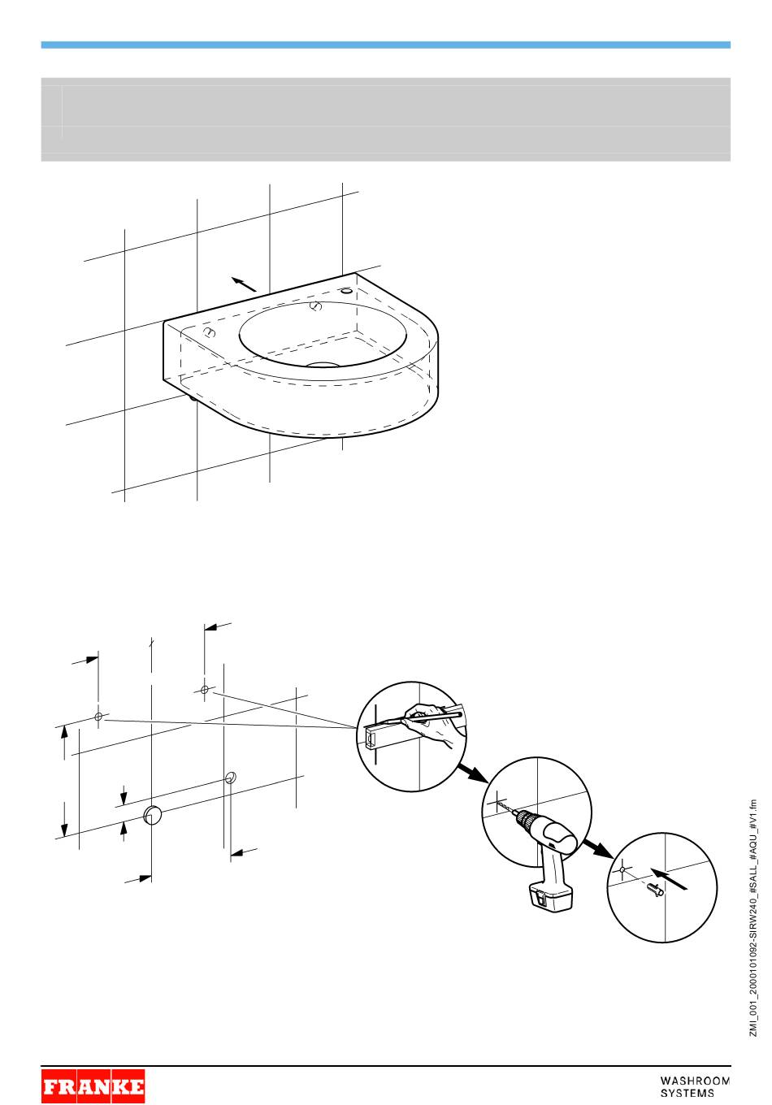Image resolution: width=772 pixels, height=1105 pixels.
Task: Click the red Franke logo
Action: pos(93,1085)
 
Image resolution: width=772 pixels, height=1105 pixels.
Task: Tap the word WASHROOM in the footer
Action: pos(695,1081)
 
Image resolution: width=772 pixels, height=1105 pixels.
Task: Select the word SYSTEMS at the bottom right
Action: pos(687,1093)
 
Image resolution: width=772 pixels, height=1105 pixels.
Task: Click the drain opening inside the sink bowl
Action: pos(323,365)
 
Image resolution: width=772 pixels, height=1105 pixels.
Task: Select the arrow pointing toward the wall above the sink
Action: pos(244,284)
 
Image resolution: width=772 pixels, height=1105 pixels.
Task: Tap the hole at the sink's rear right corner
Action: pos(347,291)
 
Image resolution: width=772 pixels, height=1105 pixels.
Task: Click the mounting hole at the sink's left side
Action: pos(209,332)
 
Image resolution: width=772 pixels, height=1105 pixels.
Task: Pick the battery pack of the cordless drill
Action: pos(551,898)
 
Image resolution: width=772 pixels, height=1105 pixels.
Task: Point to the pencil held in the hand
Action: pos(432,717)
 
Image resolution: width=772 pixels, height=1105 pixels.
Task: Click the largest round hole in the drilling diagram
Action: pos(153,815)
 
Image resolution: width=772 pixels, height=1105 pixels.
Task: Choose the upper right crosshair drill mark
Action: pos(205,689)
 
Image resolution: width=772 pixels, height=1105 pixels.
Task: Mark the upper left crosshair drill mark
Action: pos(98,717)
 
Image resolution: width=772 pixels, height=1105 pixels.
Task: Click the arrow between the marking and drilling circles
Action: pos(473,773)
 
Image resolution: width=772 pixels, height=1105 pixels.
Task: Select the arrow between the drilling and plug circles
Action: pos(597,847)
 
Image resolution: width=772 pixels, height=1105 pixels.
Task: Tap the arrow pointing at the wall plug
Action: pos(669,878)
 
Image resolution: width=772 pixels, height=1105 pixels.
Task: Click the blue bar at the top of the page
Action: pos(386,45)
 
